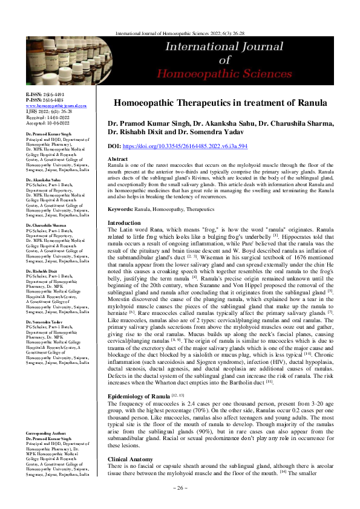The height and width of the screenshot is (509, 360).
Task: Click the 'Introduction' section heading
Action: coord(123,206)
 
